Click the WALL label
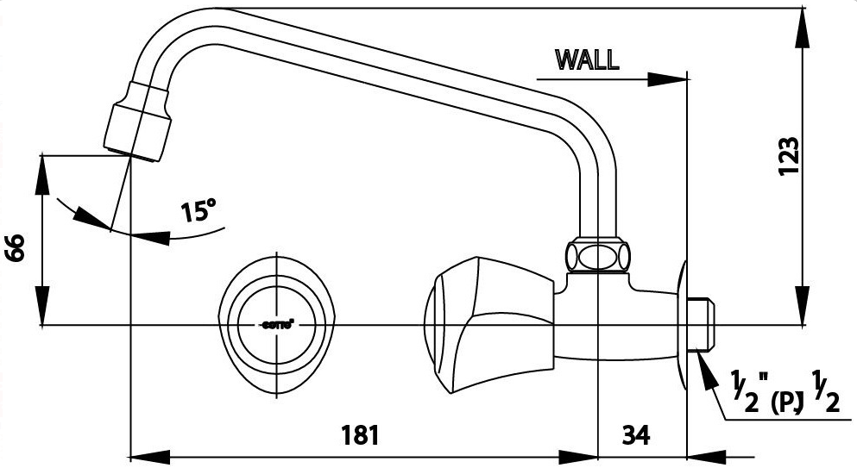(587, 59)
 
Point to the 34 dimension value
(635, 434)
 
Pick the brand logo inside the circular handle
(276, 325)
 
